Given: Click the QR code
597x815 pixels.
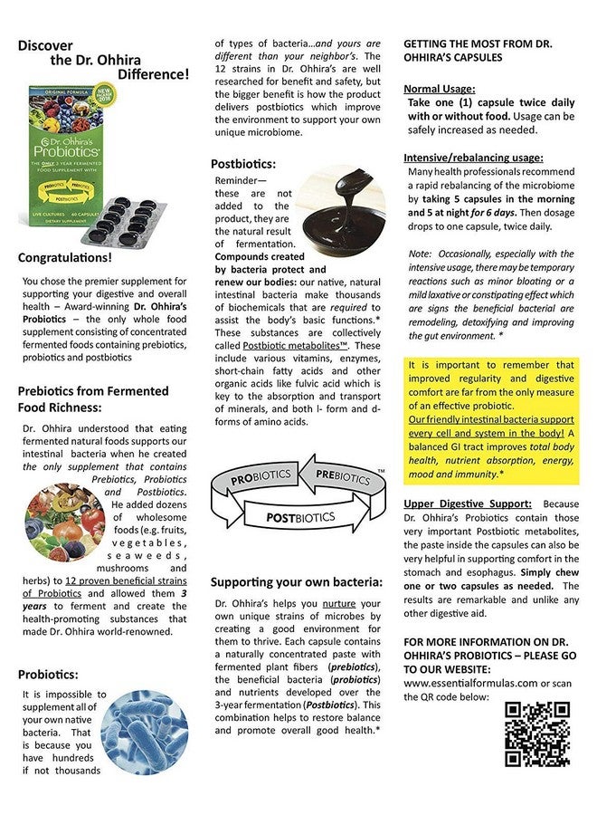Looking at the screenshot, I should [536, 733].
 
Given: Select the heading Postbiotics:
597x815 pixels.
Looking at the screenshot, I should [243, 164].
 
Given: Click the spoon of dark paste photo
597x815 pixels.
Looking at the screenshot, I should [341, 208].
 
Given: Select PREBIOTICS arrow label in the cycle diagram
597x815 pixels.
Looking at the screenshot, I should [341, 475].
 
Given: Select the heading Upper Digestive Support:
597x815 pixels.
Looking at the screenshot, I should [468, 503].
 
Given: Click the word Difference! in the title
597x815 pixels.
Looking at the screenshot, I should [150, 74].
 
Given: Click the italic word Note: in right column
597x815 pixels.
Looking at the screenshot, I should [421, 254].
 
